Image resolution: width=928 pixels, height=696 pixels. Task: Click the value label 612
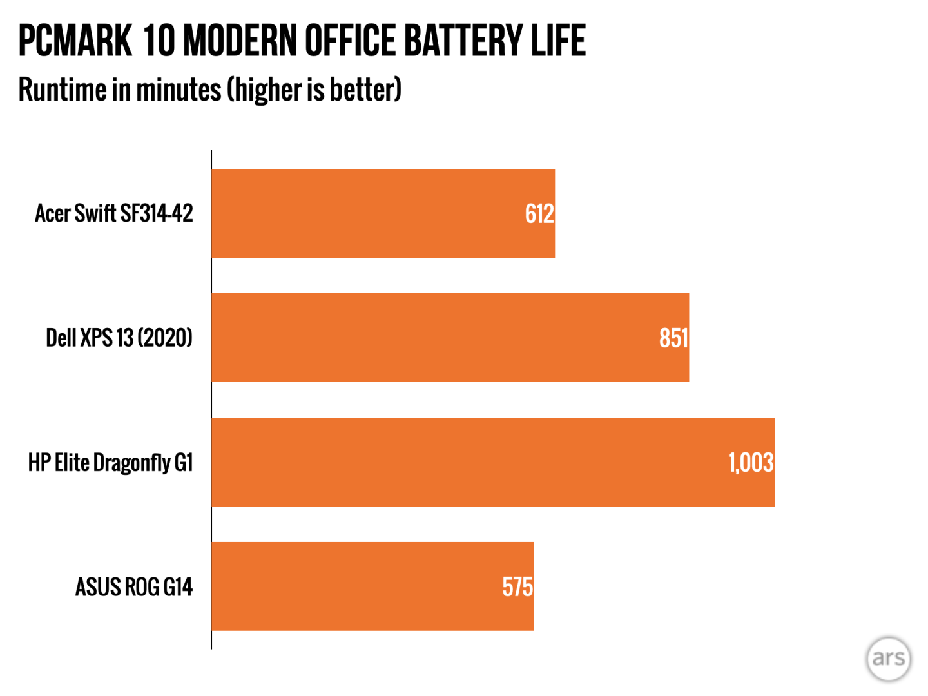[x=539, y=213]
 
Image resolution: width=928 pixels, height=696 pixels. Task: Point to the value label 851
[x=673, y=338]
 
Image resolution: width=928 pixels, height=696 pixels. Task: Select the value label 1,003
[x=751, y=462]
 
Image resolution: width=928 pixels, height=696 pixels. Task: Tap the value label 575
[x=517, y=586]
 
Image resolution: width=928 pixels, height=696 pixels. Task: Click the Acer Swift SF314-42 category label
[x=114, y=213]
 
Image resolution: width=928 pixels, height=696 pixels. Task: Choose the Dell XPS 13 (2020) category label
[x=119, y=338]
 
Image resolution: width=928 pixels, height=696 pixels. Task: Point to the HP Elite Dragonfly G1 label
[x=110, y=462]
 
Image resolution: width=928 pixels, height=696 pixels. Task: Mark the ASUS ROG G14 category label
[x=134, y=586]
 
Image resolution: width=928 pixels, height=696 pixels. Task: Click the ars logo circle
[x=889, y=659]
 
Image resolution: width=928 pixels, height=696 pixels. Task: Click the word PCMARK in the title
[x=75, y=41]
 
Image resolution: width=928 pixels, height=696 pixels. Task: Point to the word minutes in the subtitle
[x=179, y=90]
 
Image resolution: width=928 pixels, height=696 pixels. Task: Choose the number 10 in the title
[x=159, y=41]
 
